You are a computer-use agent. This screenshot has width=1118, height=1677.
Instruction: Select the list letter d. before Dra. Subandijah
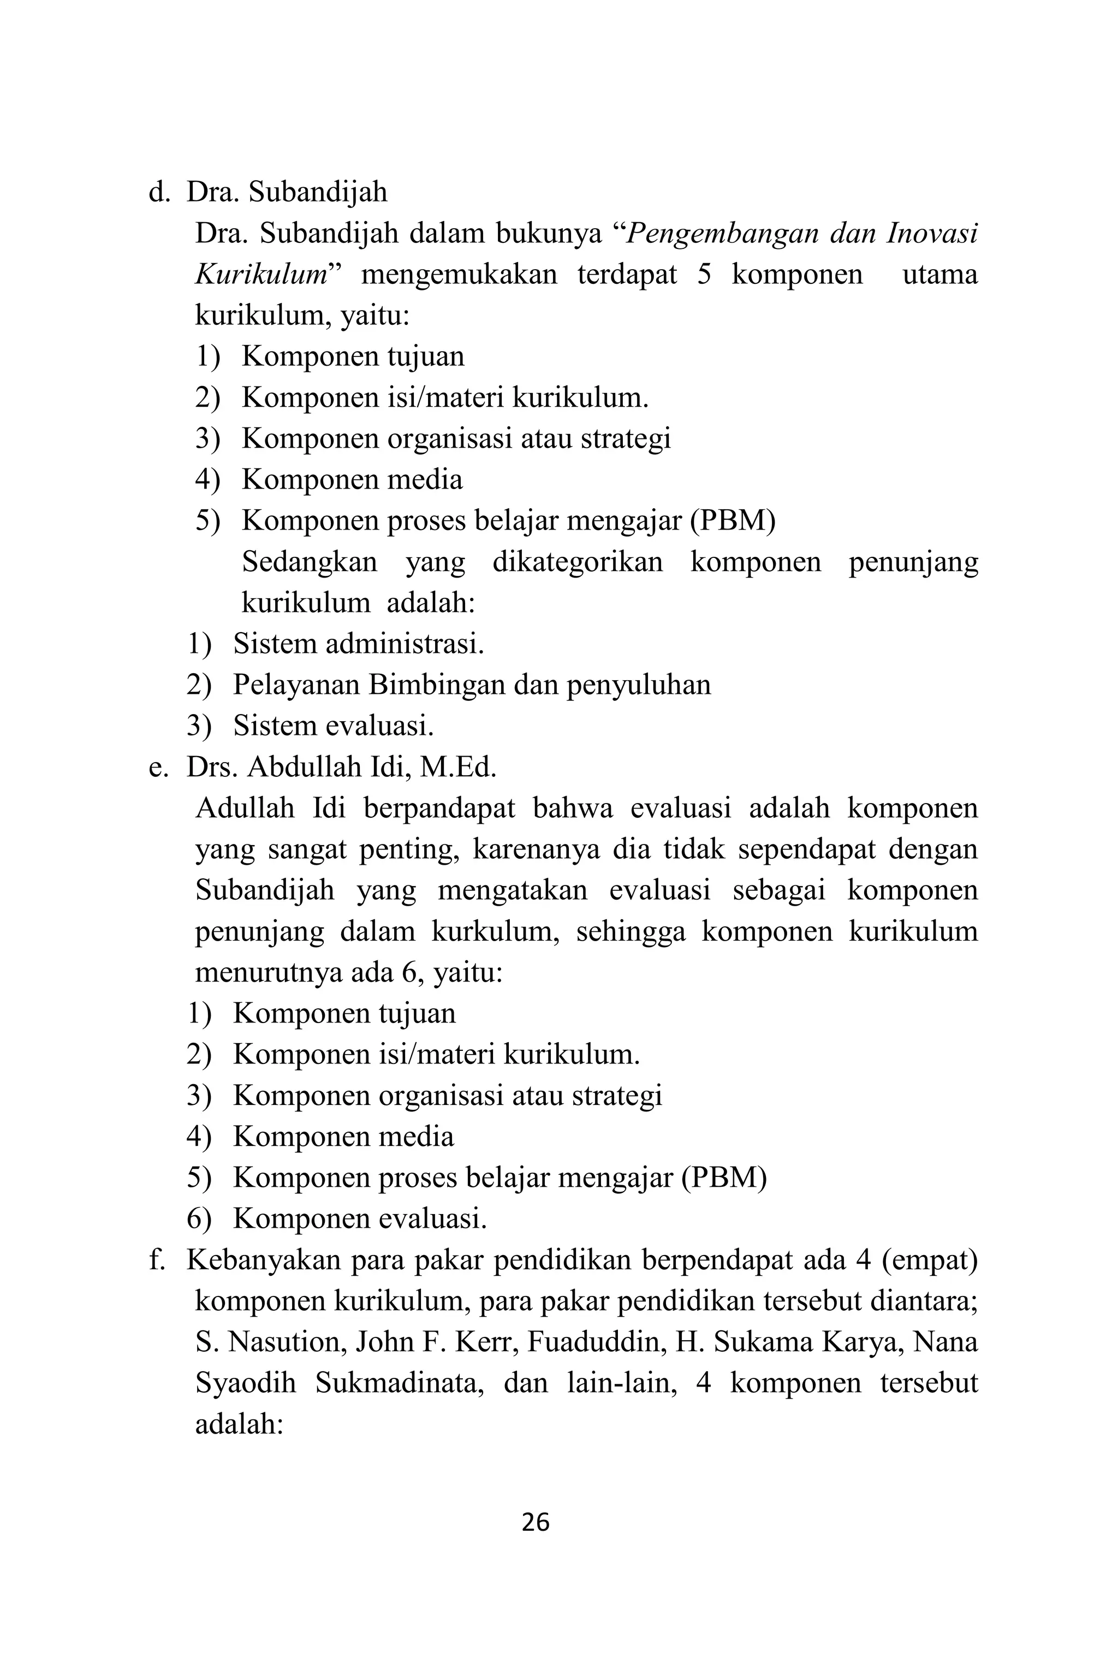tap(158, 193)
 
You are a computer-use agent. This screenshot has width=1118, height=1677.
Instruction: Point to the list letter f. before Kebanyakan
tap(156, 1262)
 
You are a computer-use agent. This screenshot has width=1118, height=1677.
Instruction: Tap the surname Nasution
tap(284, 1343)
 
